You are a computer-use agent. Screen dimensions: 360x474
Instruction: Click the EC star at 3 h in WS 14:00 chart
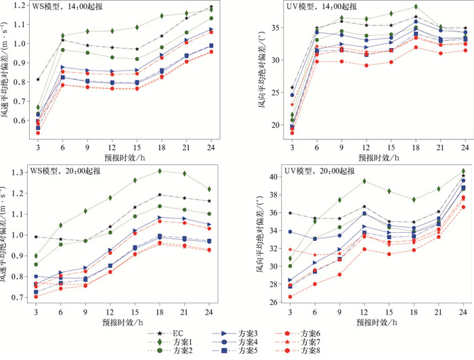(x=38, y=79)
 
